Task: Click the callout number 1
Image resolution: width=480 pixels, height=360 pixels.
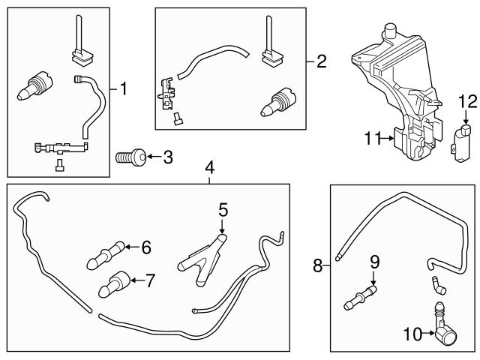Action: pyautogui.click(x=124, y=89)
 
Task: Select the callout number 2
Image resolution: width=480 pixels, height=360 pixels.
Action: pyautogui.click(x=321, y=61)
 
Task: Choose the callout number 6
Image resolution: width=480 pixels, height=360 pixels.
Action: pyautogui.click(x=145, y=246)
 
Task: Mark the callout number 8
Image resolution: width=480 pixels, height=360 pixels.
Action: pyautogui.click(x=318, y=265)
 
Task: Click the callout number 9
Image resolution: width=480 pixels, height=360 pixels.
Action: pyautogui.click(x=374, y=262)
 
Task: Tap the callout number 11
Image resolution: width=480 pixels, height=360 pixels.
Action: pyautogui.click(x=373, y=137)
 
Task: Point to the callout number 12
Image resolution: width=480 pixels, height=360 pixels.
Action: pyautogui.click(x=467, y=100)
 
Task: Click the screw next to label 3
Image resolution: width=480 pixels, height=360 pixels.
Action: pyautogui.click(x=128, y=158)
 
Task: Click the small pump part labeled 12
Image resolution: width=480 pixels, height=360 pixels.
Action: pyautogui.click(x=463, y=141)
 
